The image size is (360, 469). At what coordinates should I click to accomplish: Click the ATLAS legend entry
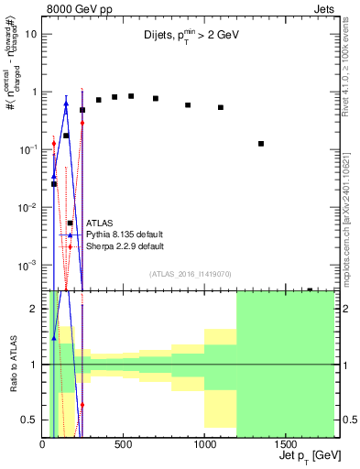100,223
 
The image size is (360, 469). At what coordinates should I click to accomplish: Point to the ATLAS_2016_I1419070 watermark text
191,273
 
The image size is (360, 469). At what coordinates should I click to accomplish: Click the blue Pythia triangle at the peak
66,104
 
